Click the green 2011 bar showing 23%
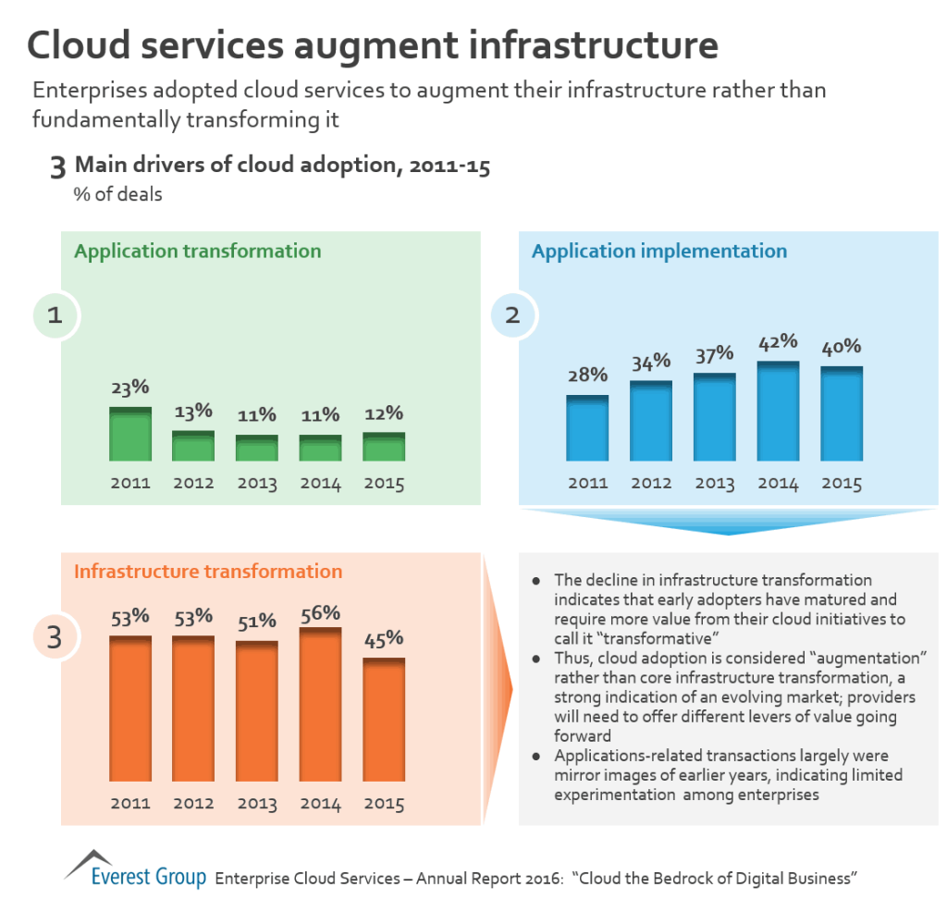(130, 435)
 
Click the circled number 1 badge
(55, 315)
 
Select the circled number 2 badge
(512, 315)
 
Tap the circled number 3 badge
(55, 637)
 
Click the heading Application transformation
(198, 252)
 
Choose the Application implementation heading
(659, 252)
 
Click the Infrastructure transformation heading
(208, 572)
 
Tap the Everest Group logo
(135, 869)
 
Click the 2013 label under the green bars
(256, 484)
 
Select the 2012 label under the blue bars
(651, 484)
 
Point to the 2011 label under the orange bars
(130, 804)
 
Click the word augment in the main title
(404, 45)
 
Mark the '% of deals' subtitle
(118, 195)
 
